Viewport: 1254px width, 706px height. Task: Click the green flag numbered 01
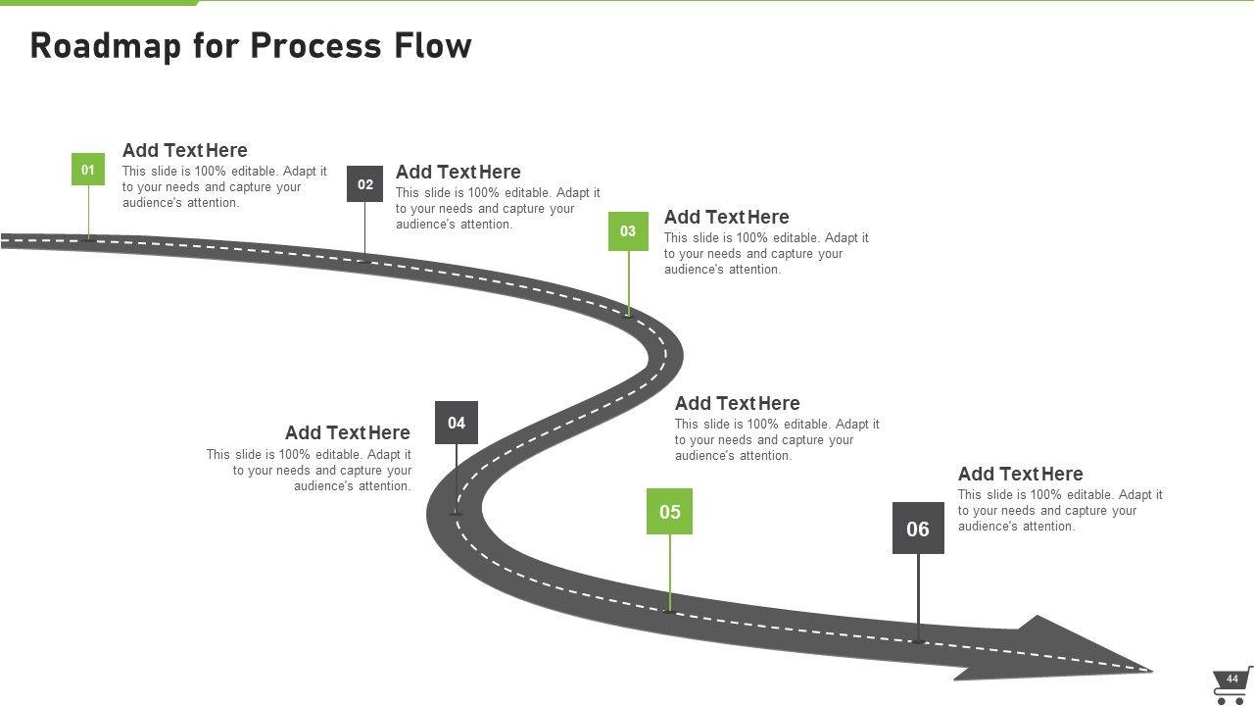pyautogui.click(x=88, y=170)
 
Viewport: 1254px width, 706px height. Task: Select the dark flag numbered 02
pyautogui.click(x=364, y=184)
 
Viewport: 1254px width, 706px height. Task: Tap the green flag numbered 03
pyautogui.click(x=628, y=231)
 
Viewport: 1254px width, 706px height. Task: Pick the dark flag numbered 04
pyautogui.click(x=457, y=423)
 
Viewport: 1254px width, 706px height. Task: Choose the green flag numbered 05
pyautogui.click(x=669, y=512)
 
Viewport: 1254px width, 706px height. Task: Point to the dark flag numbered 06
pyautogui.click(x=918, y=529)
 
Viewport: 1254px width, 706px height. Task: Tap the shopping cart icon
pyautogui.click(x=1231, y=685)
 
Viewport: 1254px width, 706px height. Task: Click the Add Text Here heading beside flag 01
pyautogui.click(x=184, y=150)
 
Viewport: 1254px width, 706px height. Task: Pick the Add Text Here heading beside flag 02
pyautogui.click(x=458, y=172)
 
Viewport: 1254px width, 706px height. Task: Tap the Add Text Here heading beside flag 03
pyautogui.click(x=726, y=217)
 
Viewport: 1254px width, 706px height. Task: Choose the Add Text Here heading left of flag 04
pyautogui.click(x=347, y=432)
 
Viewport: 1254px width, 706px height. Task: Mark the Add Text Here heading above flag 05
pyautogui.click(x=737, y=403)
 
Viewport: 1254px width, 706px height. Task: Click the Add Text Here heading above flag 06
pyautogui.click(x=1020, y=474)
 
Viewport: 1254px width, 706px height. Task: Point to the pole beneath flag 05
pyautogui.click(x=670, y=573)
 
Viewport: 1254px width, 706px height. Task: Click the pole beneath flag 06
pyautogui.click(x=918, y=597)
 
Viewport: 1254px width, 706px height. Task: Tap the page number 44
pyautogui.click(x=1232, y=679)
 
